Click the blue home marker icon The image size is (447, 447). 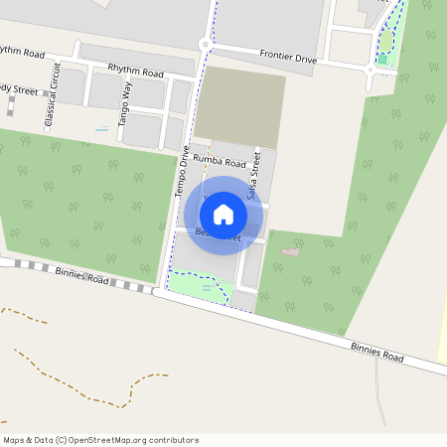[x=223, y=214]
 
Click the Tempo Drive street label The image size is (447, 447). [x=185, y=170]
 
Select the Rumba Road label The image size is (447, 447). [x=220, y=162]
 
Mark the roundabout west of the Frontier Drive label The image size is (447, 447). [x=206, y=44]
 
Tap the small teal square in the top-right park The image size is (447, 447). [x=381, y=60]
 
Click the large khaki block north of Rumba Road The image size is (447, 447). [x=240, y=107]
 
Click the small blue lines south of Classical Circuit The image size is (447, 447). [x=102, y=129]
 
